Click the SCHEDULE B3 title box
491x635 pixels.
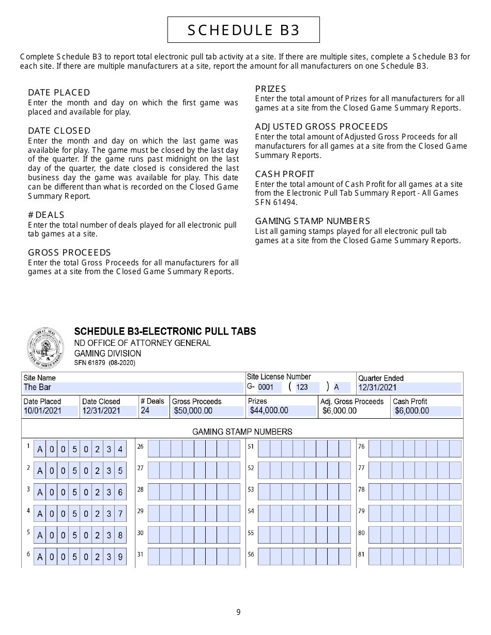pyautogui.click(x=243, y=30)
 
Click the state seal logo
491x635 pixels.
pyautogui.click(x=46, y=348)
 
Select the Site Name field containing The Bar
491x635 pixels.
pyautogui.click(x=133, y=387)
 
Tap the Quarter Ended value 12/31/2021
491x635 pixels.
pyautogui.click(x=409, y=388)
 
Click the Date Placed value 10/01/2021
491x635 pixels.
pyautogui.click(x=50, y=411)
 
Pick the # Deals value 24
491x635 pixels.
pyautogui.click(x=154, y=411)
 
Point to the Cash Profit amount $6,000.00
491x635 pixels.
pyautogui.click(x=426, y=411)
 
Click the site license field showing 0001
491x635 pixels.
pyautogui.click(x=269, y=387)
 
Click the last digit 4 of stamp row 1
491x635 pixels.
pyautogui.click(x=120, y=450)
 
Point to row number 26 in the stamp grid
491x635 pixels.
pyautogui.click(x=140, y=447)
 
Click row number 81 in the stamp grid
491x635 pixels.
pyautogui.click(x=361, y=554)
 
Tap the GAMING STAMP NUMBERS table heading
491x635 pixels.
pyautogui.click(x=242, y=432)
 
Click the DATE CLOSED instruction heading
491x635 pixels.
pyautogui.click(x=59, y=131)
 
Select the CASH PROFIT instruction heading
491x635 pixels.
pyautogui.click(x=284, y=174)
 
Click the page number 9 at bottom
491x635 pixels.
pyautogui.click(x=238, y=613)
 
